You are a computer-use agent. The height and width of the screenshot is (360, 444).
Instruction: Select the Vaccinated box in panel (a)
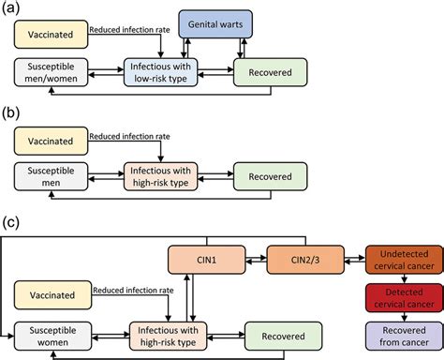(52, 37)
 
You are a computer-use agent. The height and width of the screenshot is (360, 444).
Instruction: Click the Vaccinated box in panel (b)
(52, 142)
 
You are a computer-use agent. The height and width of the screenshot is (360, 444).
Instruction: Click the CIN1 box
(205, 258)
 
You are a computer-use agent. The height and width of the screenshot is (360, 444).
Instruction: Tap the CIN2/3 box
(306, 258)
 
